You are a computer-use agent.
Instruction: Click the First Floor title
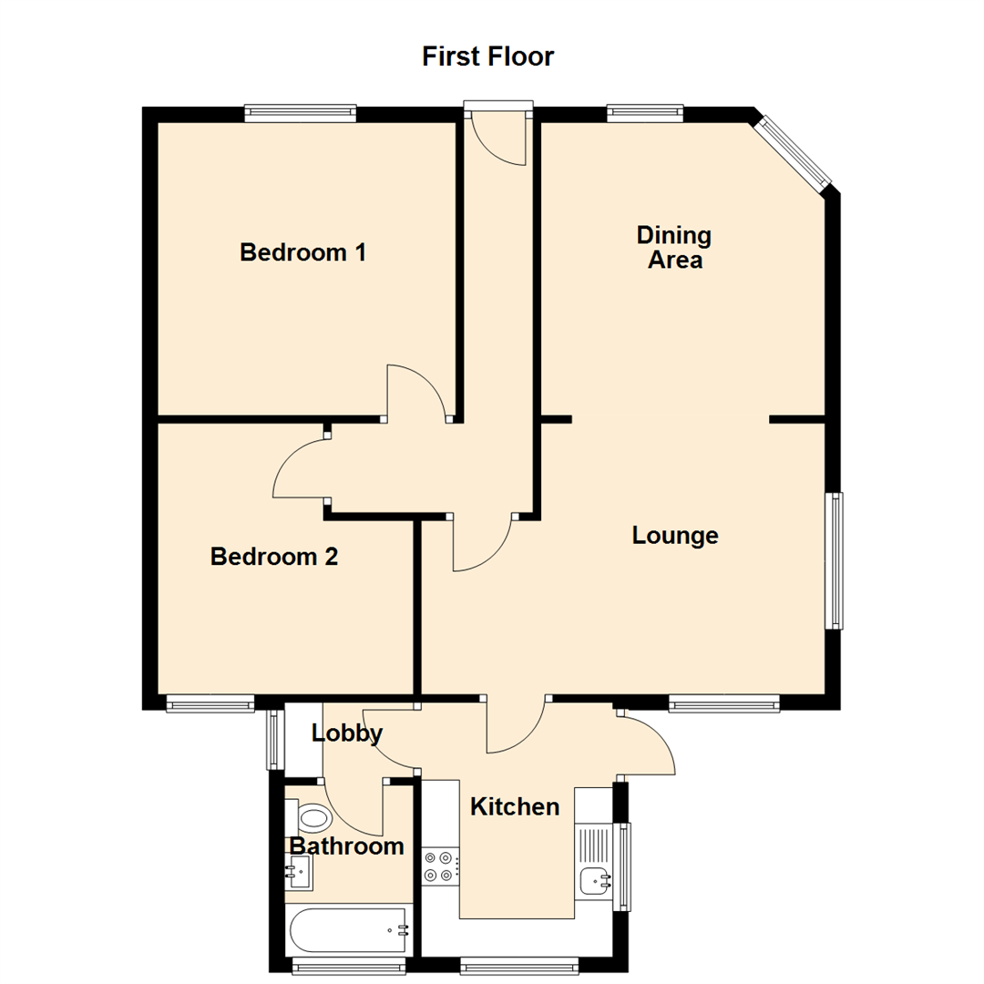487,56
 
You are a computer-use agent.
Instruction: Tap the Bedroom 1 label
302,252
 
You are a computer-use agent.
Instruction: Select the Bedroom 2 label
273,556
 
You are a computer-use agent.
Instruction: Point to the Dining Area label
674,247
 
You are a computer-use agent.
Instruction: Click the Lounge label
675,536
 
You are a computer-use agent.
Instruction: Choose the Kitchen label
514,806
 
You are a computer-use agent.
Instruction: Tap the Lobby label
346,733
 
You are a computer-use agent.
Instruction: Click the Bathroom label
346,846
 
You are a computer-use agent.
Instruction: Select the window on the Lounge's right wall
834,560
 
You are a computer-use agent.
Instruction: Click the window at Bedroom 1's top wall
300,114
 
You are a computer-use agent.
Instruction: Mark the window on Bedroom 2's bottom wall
210,702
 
